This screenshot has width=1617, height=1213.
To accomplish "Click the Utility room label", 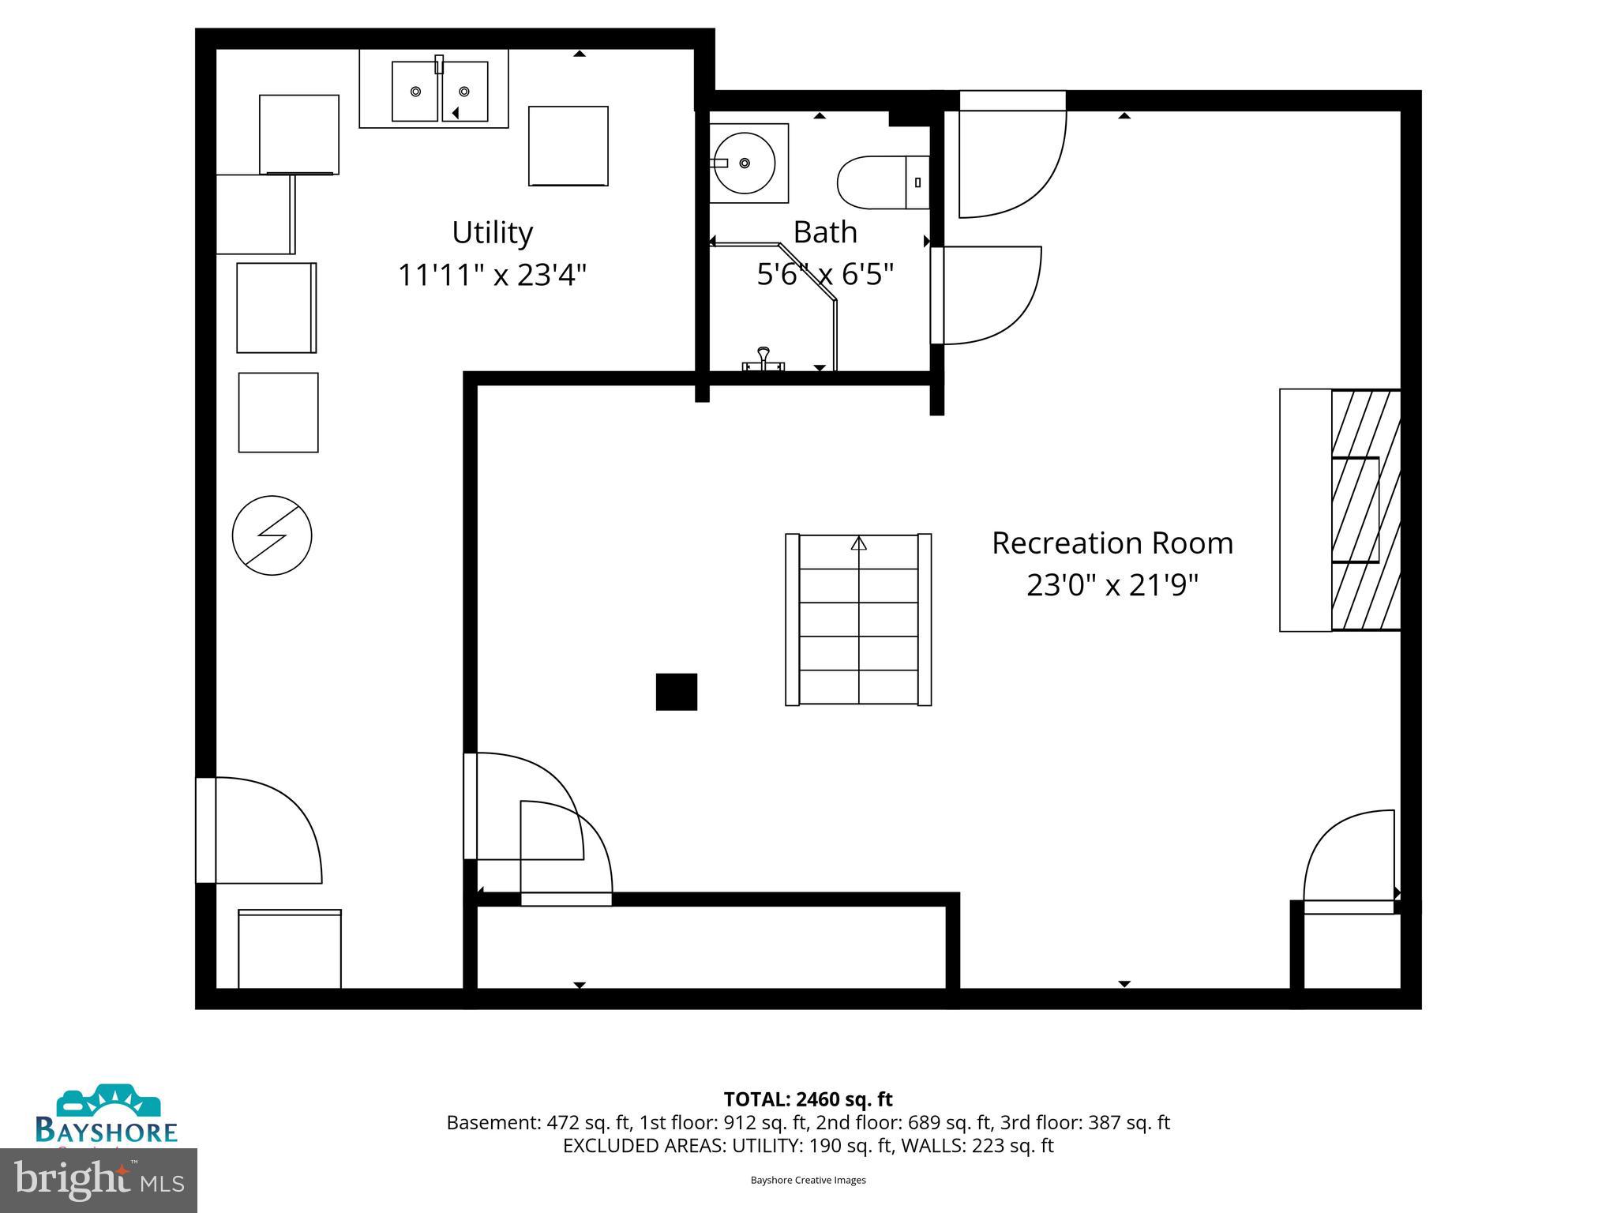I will tap(492, 233).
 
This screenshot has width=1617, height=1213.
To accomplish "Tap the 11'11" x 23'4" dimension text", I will tap(492, 276).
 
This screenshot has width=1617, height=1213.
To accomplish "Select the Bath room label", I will tap(825, 232).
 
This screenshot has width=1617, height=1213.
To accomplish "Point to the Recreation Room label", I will tap(1112, 543).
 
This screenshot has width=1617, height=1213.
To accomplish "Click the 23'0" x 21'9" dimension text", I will tap(1112, 586).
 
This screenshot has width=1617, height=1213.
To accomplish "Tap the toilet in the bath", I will tap(880, 182).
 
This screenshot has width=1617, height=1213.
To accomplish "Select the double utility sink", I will tap(440, 92).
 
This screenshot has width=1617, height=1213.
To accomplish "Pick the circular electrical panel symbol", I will tap(272, 535).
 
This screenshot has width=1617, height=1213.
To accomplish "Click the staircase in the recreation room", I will tap(858, 620).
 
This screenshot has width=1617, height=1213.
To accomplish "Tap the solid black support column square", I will tap(677, 692).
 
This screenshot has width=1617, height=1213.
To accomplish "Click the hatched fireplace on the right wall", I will tap(1365, 510).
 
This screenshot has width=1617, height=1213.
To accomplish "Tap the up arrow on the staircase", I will tap(859, 543).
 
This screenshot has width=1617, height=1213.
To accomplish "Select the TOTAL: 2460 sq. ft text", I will tap(808, 1099).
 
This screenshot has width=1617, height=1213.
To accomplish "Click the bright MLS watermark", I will tap(99, 1180).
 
